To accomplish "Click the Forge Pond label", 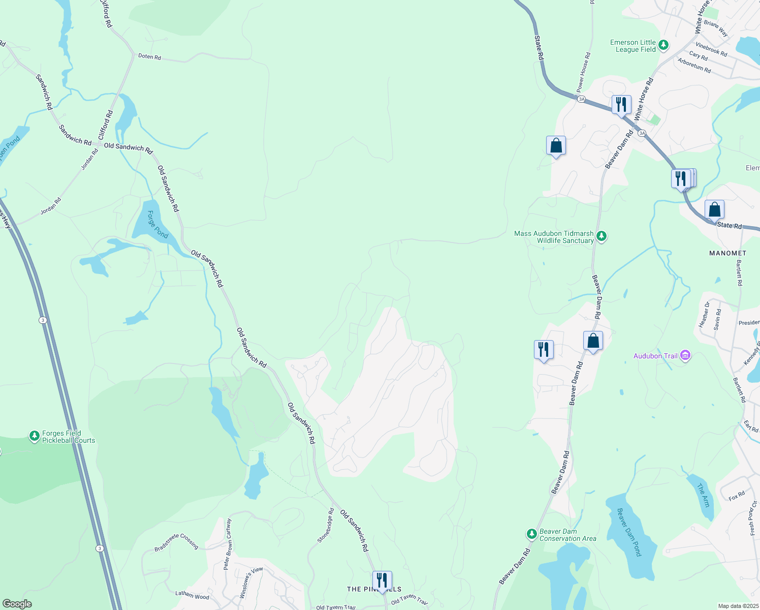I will [x=158, y=224].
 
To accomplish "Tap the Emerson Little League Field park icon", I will [x=663, y=46].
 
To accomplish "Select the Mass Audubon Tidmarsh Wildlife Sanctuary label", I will [x=554, y=237].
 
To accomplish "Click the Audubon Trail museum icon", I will [x=685, y=356].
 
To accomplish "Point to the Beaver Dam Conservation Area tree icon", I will [x=531, y=534].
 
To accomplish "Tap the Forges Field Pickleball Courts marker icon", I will [x=34, y=436].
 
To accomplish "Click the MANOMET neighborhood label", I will [x=727, y=253].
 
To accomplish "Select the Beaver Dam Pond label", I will [x=629, y=532].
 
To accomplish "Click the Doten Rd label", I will [x=149, y=56].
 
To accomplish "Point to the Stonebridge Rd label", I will [x=326, y=525].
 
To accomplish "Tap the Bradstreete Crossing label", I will [x=176, y=541].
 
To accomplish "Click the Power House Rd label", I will [x=583, y=72].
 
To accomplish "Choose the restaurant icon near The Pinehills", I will [x=382, y=580].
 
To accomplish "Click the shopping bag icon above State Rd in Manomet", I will [x=714, y=209].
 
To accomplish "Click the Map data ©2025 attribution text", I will [x=737, y=606].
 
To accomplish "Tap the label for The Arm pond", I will [x=703, y=495].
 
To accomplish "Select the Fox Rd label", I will [x=737, y=496].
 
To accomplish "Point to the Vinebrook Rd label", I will [x=711, y=49].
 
